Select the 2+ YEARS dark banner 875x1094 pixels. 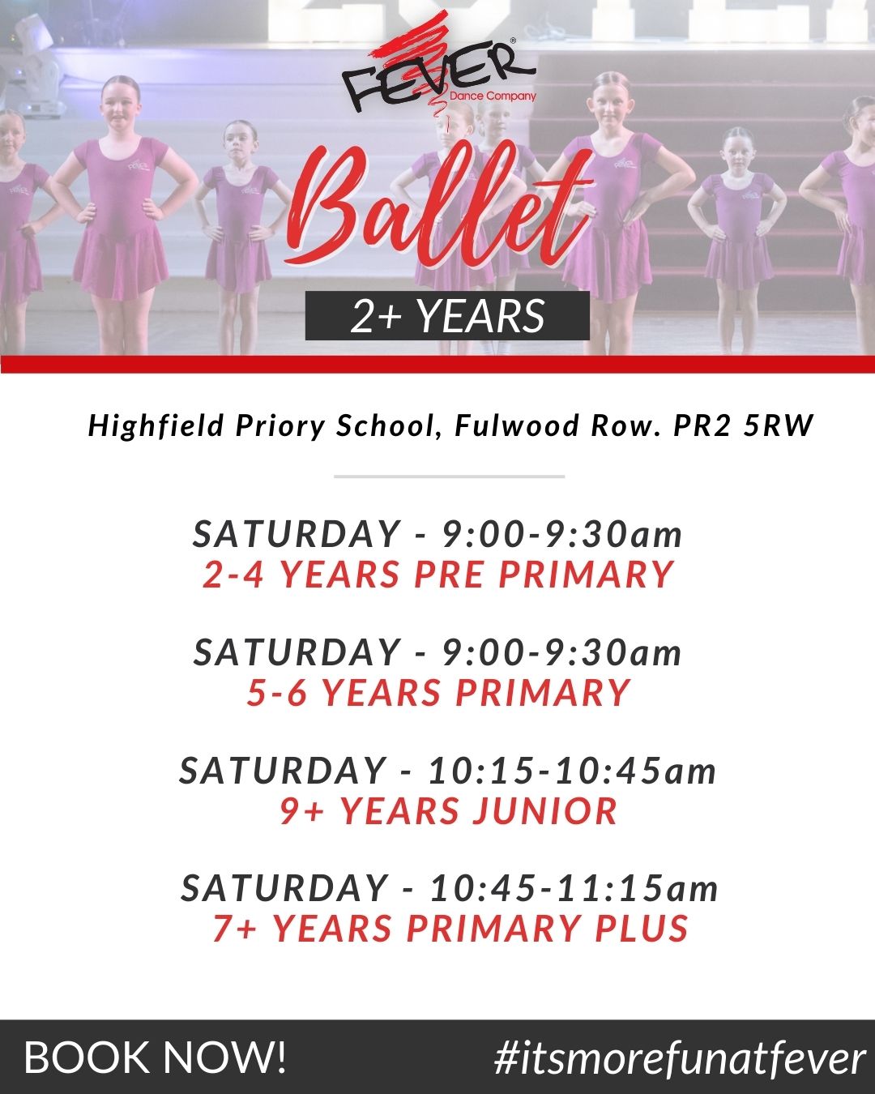click(447, 315)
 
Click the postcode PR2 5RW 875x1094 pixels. click(743, 425)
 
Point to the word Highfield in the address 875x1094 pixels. click(156, 426)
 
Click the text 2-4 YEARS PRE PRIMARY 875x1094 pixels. click(438, 575)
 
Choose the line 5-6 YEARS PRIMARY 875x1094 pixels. click(438, 692)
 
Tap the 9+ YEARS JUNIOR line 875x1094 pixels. click(448, 810)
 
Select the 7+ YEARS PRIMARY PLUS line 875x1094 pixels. click(450, 928)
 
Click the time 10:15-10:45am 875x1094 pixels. click(572, 771)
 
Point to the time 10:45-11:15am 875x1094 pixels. click(574, 889)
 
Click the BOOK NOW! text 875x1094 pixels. click(155, 1058)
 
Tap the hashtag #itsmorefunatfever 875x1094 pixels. click(680, 1058)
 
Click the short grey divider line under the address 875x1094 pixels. click(450, 476)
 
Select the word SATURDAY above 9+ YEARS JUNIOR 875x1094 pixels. click(282, 771)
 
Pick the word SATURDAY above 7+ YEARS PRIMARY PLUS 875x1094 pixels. click(284, 889)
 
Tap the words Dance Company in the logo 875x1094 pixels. click(493, 96)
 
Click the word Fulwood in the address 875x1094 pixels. click(517, 425)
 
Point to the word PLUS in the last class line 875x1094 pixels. click(642, 928)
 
